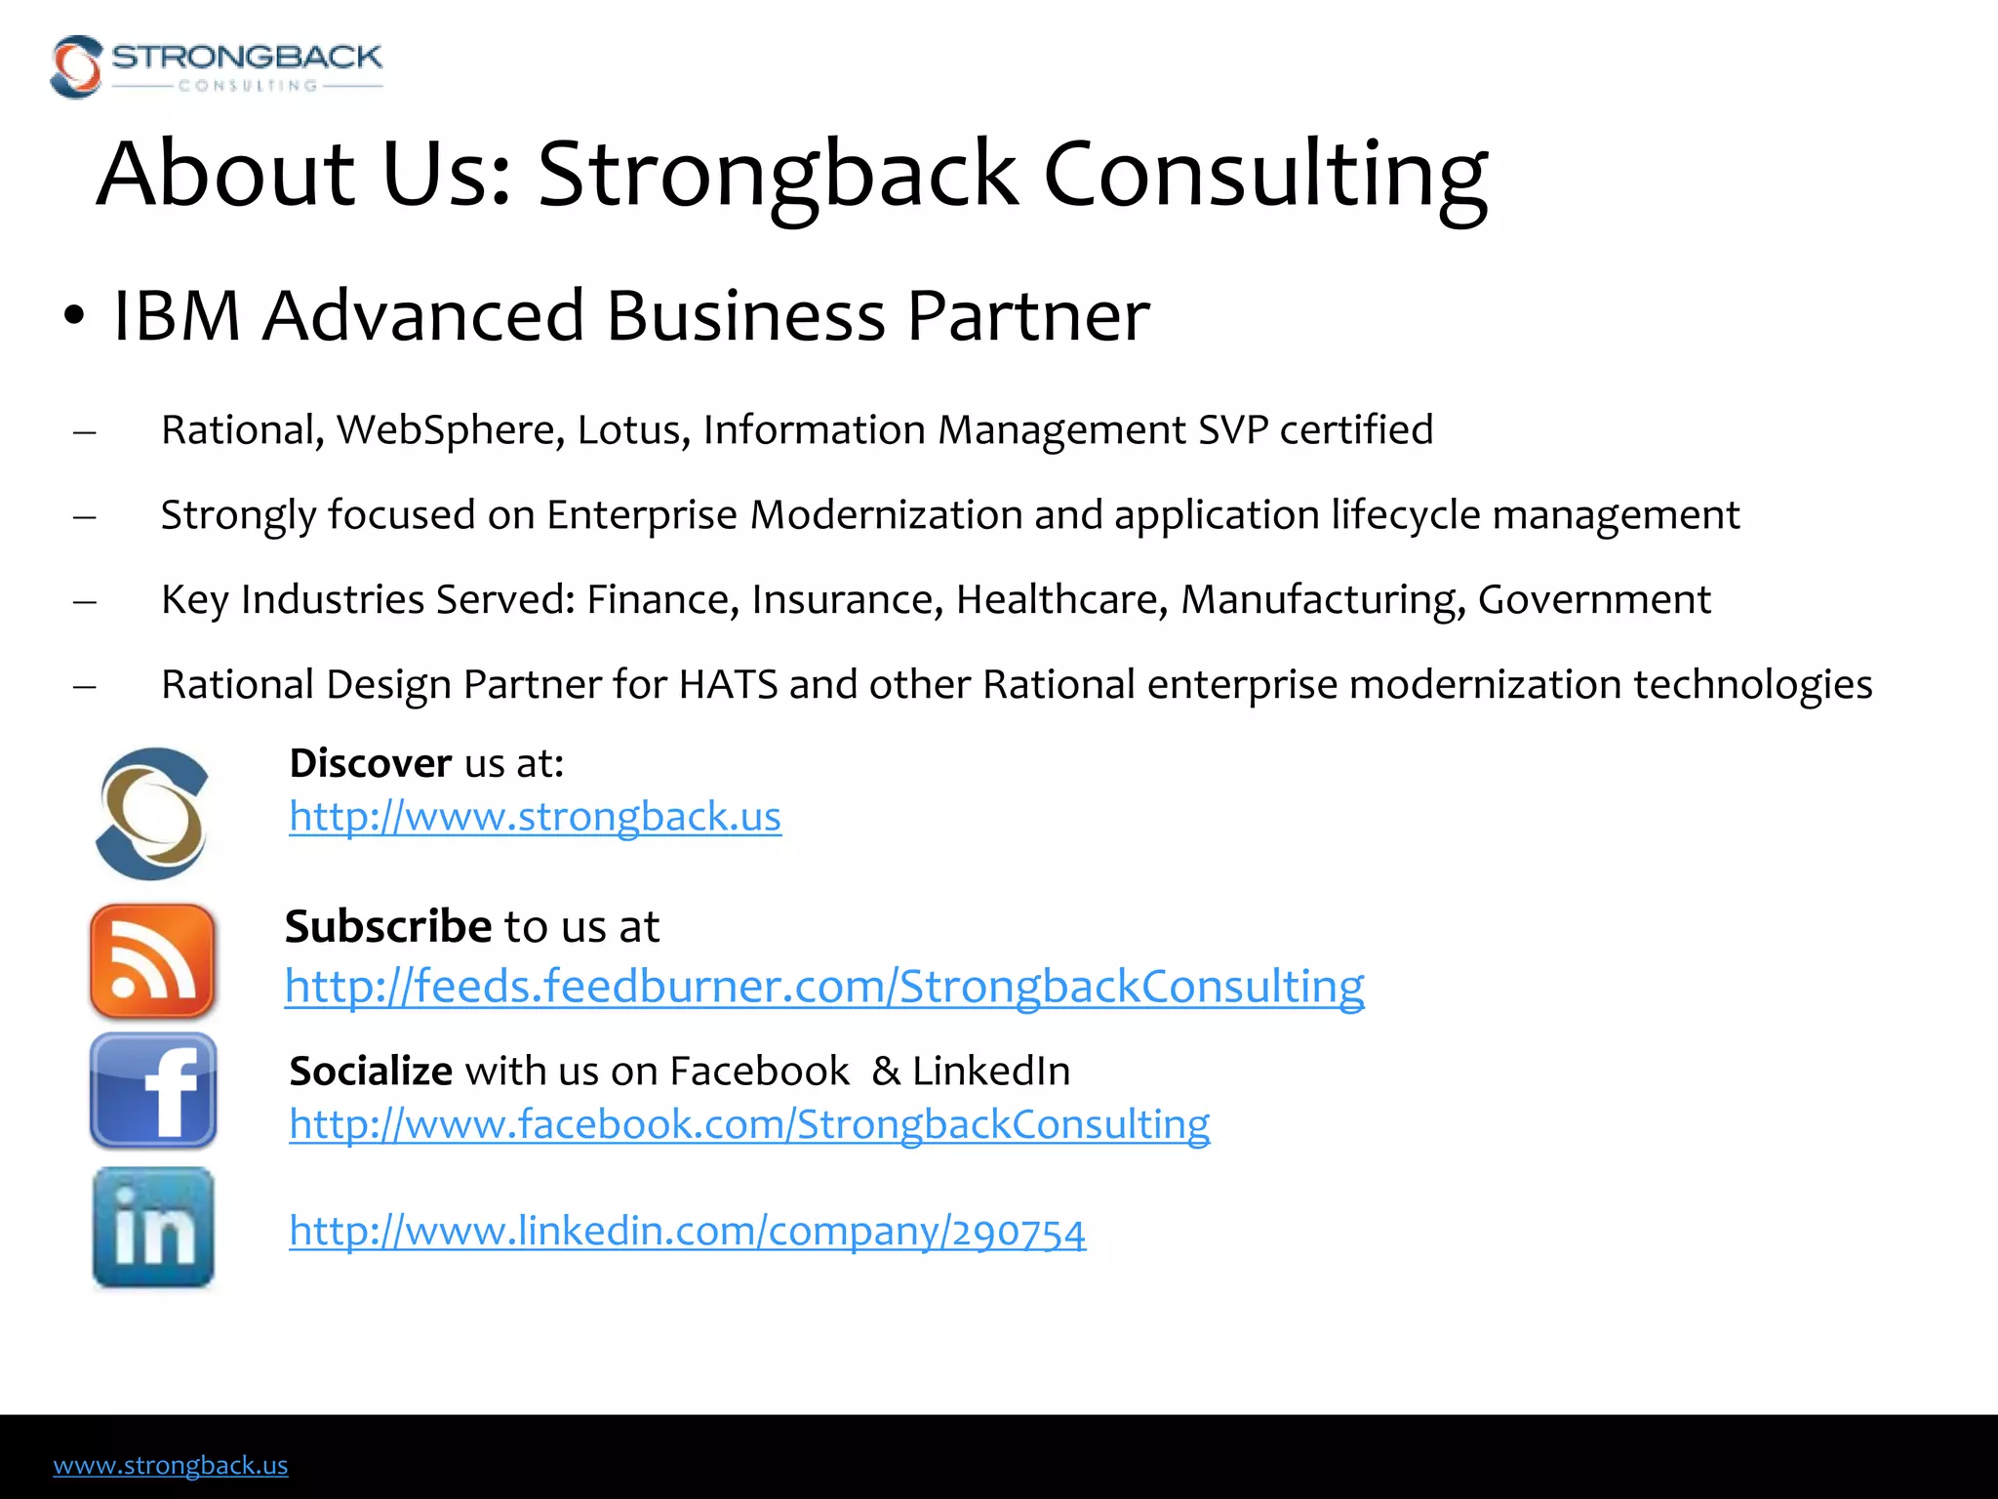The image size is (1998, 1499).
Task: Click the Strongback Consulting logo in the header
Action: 216,66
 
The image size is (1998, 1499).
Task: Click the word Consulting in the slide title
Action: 1264,176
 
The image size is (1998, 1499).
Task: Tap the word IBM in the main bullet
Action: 177,316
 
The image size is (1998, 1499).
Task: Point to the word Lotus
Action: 633,429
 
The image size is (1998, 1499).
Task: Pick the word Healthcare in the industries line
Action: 1061,599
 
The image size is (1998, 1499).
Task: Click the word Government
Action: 1593,599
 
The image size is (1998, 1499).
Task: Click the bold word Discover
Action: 370,763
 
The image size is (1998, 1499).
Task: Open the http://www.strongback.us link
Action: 535,817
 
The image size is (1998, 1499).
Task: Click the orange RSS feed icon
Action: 152,961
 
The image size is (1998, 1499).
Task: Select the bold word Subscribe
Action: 387,926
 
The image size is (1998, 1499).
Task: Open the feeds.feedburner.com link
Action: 823,987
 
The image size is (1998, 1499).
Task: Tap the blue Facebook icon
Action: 153,1090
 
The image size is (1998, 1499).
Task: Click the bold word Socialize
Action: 371,1072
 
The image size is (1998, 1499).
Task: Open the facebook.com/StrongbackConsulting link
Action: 748,1124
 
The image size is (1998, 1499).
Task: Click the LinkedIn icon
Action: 153,1228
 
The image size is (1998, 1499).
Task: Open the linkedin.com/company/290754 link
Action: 687,1232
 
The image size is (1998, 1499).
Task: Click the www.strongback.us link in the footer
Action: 171,1465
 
